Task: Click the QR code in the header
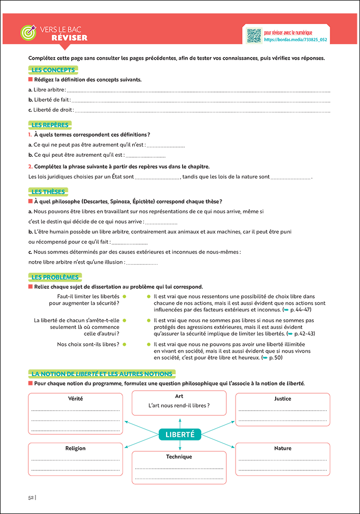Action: pos(254,36)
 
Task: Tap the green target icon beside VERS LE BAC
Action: pos(27,32)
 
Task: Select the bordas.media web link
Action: pos(295,40)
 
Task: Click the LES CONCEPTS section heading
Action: pos(53,70)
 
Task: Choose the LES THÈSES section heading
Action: pos(48,192)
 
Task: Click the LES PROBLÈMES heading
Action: pos(55,277)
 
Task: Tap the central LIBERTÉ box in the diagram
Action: pos(179,435)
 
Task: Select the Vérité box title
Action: pos(75,398)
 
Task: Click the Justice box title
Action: pos(282,398)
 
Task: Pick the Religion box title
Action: pos(75,448)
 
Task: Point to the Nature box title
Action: pos(282,448)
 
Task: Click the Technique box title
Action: pos(179,456)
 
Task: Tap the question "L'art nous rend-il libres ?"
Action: pos(179,406)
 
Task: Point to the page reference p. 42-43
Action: pos(304,334)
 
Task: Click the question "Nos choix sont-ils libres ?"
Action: pos(88,344)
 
